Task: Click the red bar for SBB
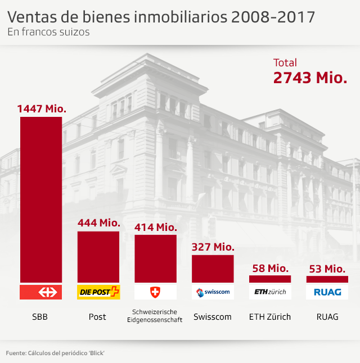40,199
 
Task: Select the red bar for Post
98,257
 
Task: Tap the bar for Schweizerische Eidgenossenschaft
155,258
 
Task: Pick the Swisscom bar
213,269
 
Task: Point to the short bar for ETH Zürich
270,279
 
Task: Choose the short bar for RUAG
327,279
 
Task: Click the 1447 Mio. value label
42,108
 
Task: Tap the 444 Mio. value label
98,223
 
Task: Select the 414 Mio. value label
156,227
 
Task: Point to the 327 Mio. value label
213,247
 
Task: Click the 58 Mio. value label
270,267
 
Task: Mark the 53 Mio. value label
327,268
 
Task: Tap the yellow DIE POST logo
98,292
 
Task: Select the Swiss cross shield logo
155,292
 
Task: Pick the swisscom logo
213,292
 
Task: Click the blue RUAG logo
327,292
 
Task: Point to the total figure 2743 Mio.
309,78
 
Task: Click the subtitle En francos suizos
48,32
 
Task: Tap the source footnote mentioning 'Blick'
56,352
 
